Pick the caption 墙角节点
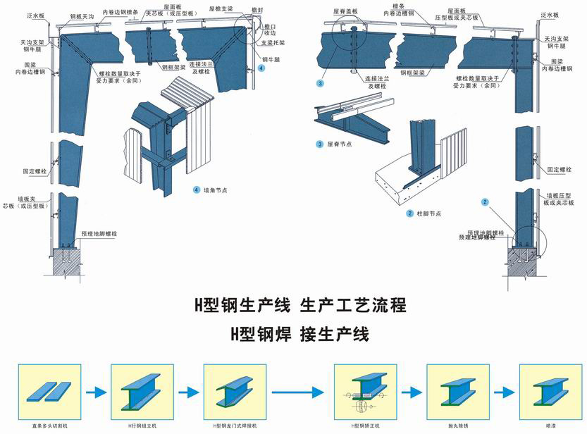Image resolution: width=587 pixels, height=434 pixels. (217, 190)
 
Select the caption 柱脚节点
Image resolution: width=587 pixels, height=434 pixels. (428, 213)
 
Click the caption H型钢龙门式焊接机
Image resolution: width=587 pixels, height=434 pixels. (227, 426)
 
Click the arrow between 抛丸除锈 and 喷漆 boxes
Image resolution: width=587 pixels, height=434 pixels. (498, 392)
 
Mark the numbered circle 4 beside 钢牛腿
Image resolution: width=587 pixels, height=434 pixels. (261, 68)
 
